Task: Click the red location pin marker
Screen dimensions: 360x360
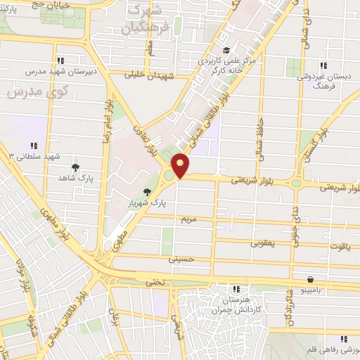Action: coord(181,165)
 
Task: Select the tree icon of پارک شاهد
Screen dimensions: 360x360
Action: coord(75,167)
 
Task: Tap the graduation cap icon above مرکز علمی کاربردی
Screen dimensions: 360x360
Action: coord(226,50)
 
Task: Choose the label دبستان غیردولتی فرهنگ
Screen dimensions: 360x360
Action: coord(323,79)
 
